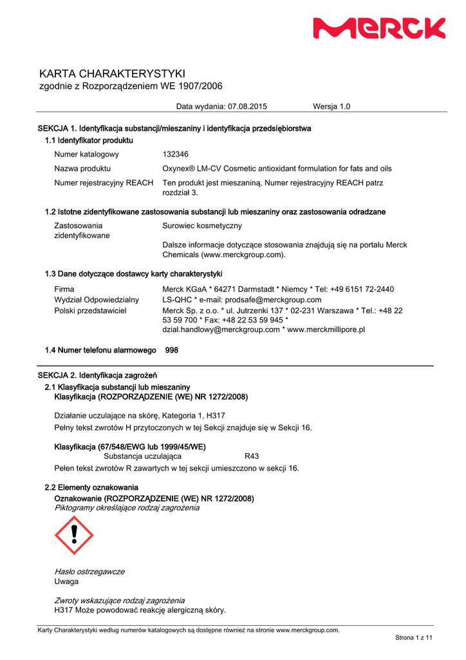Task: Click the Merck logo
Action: click(x=379, y=28)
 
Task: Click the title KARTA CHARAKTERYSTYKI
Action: click(x=112, y=73)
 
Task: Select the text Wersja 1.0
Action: click(x=331, y=106)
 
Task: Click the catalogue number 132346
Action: click(x=175, y=154)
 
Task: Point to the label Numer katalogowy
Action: click(x=86, y=154)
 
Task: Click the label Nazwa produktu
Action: click(x=82, y=168)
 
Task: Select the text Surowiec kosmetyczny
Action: click(x=202, y=226)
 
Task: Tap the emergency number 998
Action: click(x=172, y=350)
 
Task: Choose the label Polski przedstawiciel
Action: click(x=90, y=311)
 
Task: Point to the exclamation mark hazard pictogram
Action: click(x=74, y=535)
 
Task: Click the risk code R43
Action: click(x=252, y=456)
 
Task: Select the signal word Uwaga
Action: click(x=66, y=581)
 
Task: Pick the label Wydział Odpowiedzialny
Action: click(x=97, y=300)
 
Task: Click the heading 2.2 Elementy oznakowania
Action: click(x=91, y=487)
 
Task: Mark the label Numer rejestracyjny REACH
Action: click(x=104, y=183)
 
